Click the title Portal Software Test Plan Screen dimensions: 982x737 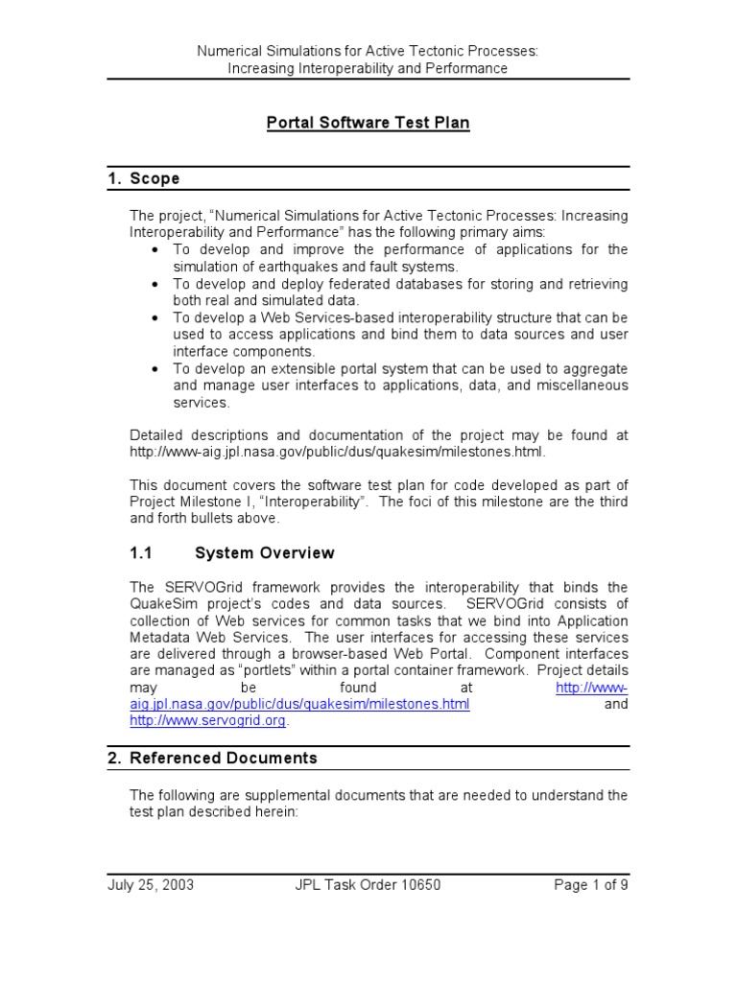click(x=368, y=123)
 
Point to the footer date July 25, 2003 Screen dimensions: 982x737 click(x=150, y=884)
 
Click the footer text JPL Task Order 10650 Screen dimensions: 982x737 click(x=368, y=884)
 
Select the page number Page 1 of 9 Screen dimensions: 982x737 click(x=591, y=884)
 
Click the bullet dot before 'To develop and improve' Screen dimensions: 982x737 click(x=155, y=250)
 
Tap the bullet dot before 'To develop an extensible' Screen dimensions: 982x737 click(x=155, y=369)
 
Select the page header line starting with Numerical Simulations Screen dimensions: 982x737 click(x=368, y=51)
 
